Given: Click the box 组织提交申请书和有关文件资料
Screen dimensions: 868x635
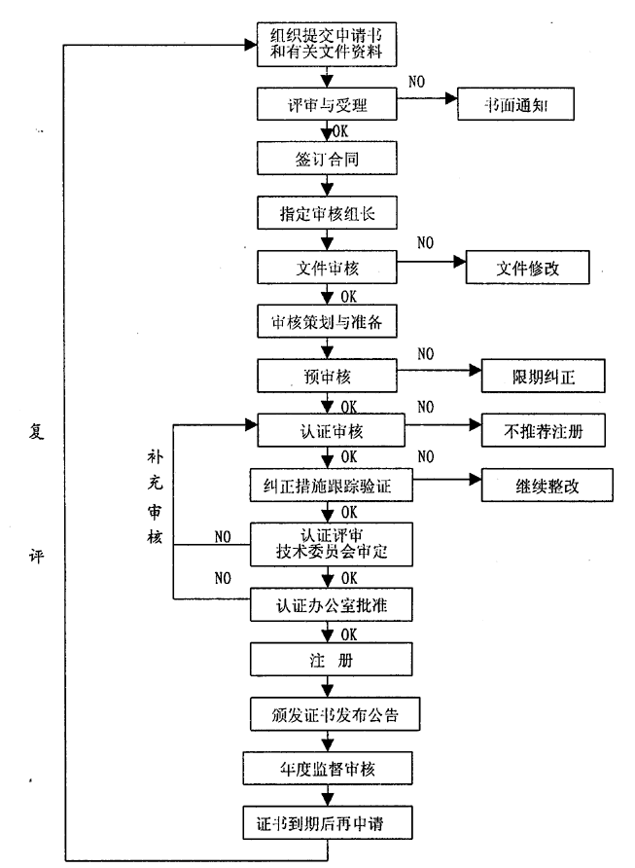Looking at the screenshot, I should (327, 45).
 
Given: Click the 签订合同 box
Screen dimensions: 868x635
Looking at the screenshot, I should (327, 157).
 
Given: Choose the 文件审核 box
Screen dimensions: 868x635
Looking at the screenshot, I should (327, 266).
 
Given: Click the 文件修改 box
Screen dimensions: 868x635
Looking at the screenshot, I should (527, 266).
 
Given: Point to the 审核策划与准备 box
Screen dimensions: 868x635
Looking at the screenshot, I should (327, 320).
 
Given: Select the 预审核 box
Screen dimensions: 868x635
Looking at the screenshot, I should (327, 375).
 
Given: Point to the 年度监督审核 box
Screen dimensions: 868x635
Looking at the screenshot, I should (327, 768).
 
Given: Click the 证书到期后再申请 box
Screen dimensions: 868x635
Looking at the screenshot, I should (327, 822).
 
